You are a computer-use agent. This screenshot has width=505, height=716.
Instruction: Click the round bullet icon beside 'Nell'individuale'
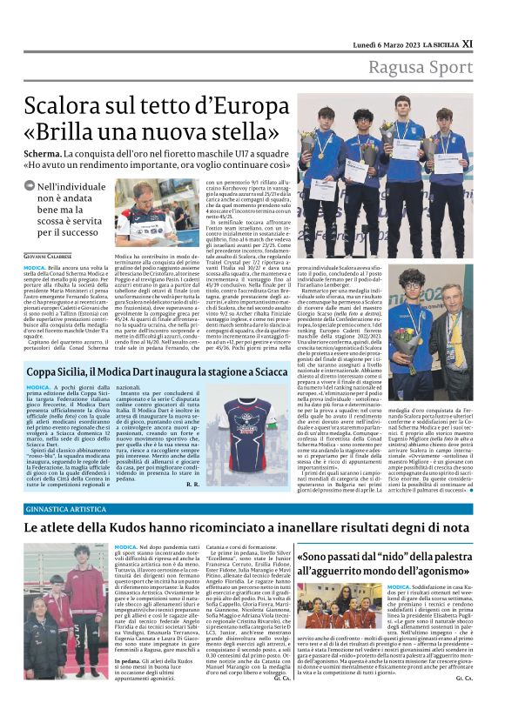pyautogui.click(x=30, y=187)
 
